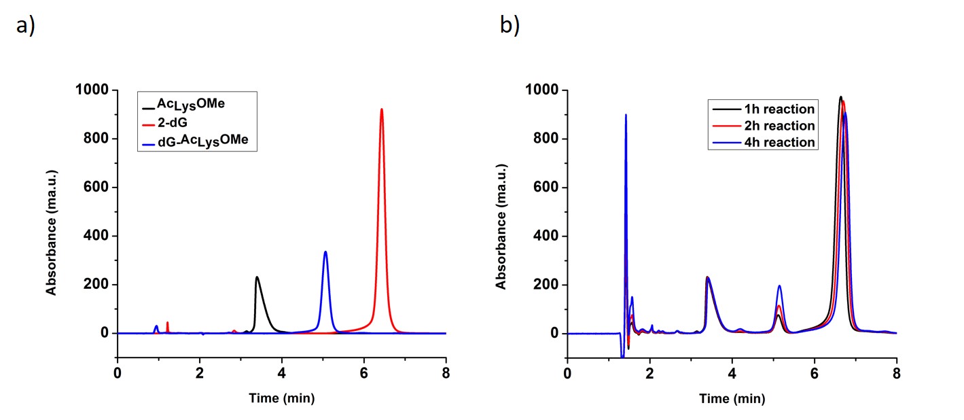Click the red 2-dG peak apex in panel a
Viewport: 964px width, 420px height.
point(382,109)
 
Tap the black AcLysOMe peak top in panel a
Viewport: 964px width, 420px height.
point(257,277)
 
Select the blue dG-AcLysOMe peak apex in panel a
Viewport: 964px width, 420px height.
point(325,252)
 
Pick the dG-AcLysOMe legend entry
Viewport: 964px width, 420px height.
point(197,140)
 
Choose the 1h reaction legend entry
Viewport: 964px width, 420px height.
point(762,109)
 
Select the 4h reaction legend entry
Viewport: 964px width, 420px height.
point(762,142)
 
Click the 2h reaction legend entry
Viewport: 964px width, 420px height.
point(762,126)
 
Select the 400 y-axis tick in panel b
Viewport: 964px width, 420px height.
point(548,237)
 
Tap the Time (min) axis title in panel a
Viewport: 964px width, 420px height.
point(281,398)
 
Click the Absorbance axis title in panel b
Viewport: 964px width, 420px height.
point(502,224)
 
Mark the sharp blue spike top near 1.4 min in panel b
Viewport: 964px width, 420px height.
point(626,115)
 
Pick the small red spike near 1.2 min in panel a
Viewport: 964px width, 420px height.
point(167,323)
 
